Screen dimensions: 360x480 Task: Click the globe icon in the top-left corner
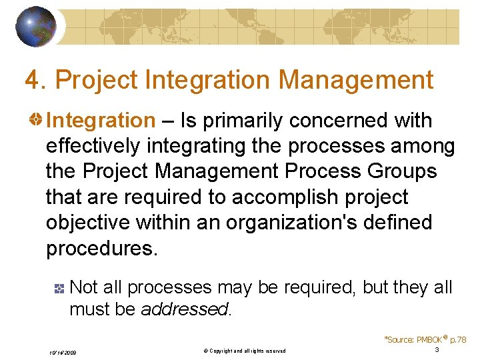pos(36,26)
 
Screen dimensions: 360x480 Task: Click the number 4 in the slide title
pos(31,81)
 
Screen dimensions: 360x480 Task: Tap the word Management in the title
pos(356,81)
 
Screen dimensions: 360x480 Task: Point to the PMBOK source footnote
pos(425,339)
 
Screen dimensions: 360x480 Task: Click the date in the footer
pos(63,351)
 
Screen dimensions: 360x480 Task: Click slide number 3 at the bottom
pos(436,350)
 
